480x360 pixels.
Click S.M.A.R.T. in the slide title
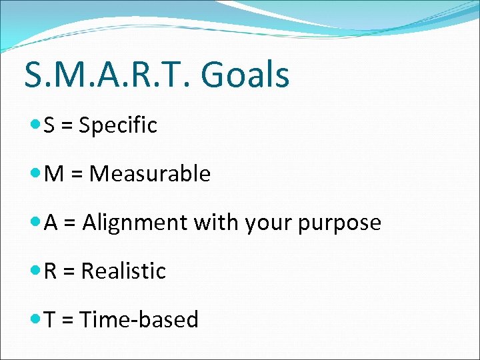(108, 74)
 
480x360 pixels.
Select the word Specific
(118, 125)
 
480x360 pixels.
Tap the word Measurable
(150, 173)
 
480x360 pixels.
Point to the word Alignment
(135, 223)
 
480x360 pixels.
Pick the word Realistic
(123, 271)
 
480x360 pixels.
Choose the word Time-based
(139, 319)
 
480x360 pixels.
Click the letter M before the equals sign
(54, 173)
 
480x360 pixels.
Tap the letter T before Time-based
(50, 319)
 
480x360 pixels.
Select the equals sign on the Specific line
(67, 125)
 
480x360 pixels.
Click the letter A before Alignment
(51, 223)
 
